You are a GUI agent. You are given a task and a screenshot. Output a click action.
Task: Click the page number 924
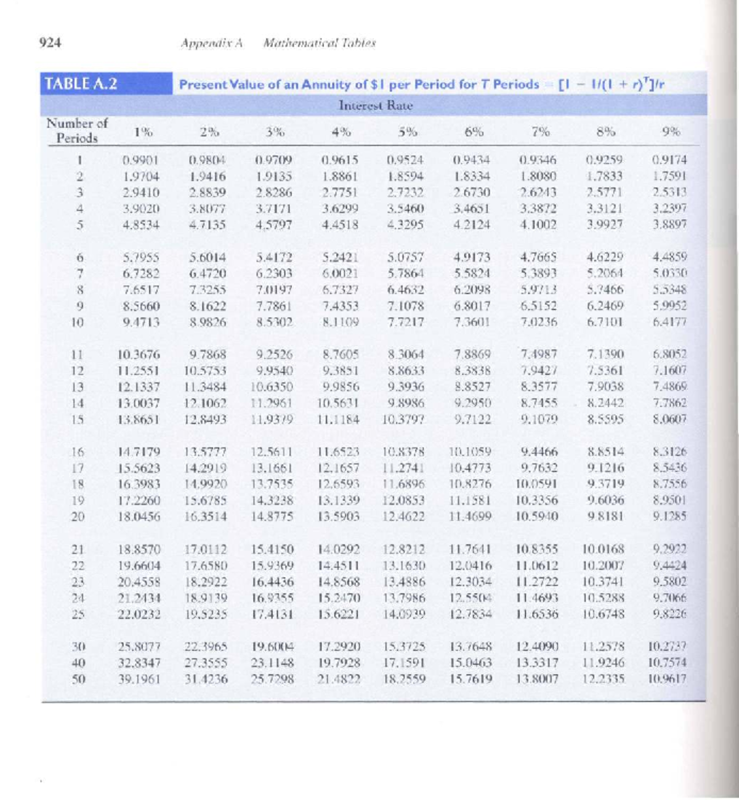(x=50, y=42)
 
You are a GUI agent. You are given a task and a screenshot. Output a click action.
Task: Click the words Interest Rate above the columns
(x=376, y=105)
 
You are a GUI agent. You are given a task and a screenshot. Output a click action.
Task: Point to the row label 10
(x=78, y=321)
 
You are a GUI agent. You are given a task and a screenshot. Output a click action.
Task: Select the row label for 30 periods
(x=78, y=647)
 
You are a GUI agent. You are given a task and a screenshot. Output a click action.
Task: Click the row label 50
(x=78, y=679)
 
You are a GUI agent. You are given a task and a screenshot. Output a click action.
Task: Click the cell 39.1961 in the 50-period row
(x=139, y=679)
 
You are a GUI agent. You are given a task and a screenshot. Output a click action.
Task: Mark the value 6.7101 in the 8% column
(x=604, y=321)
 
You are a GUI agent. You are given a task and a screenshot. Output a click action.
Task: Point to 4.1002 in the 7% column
(x=538, y=225)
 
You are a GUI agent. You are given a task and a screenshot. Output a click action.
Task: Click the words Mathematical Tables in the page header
(x=319, y=43)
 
